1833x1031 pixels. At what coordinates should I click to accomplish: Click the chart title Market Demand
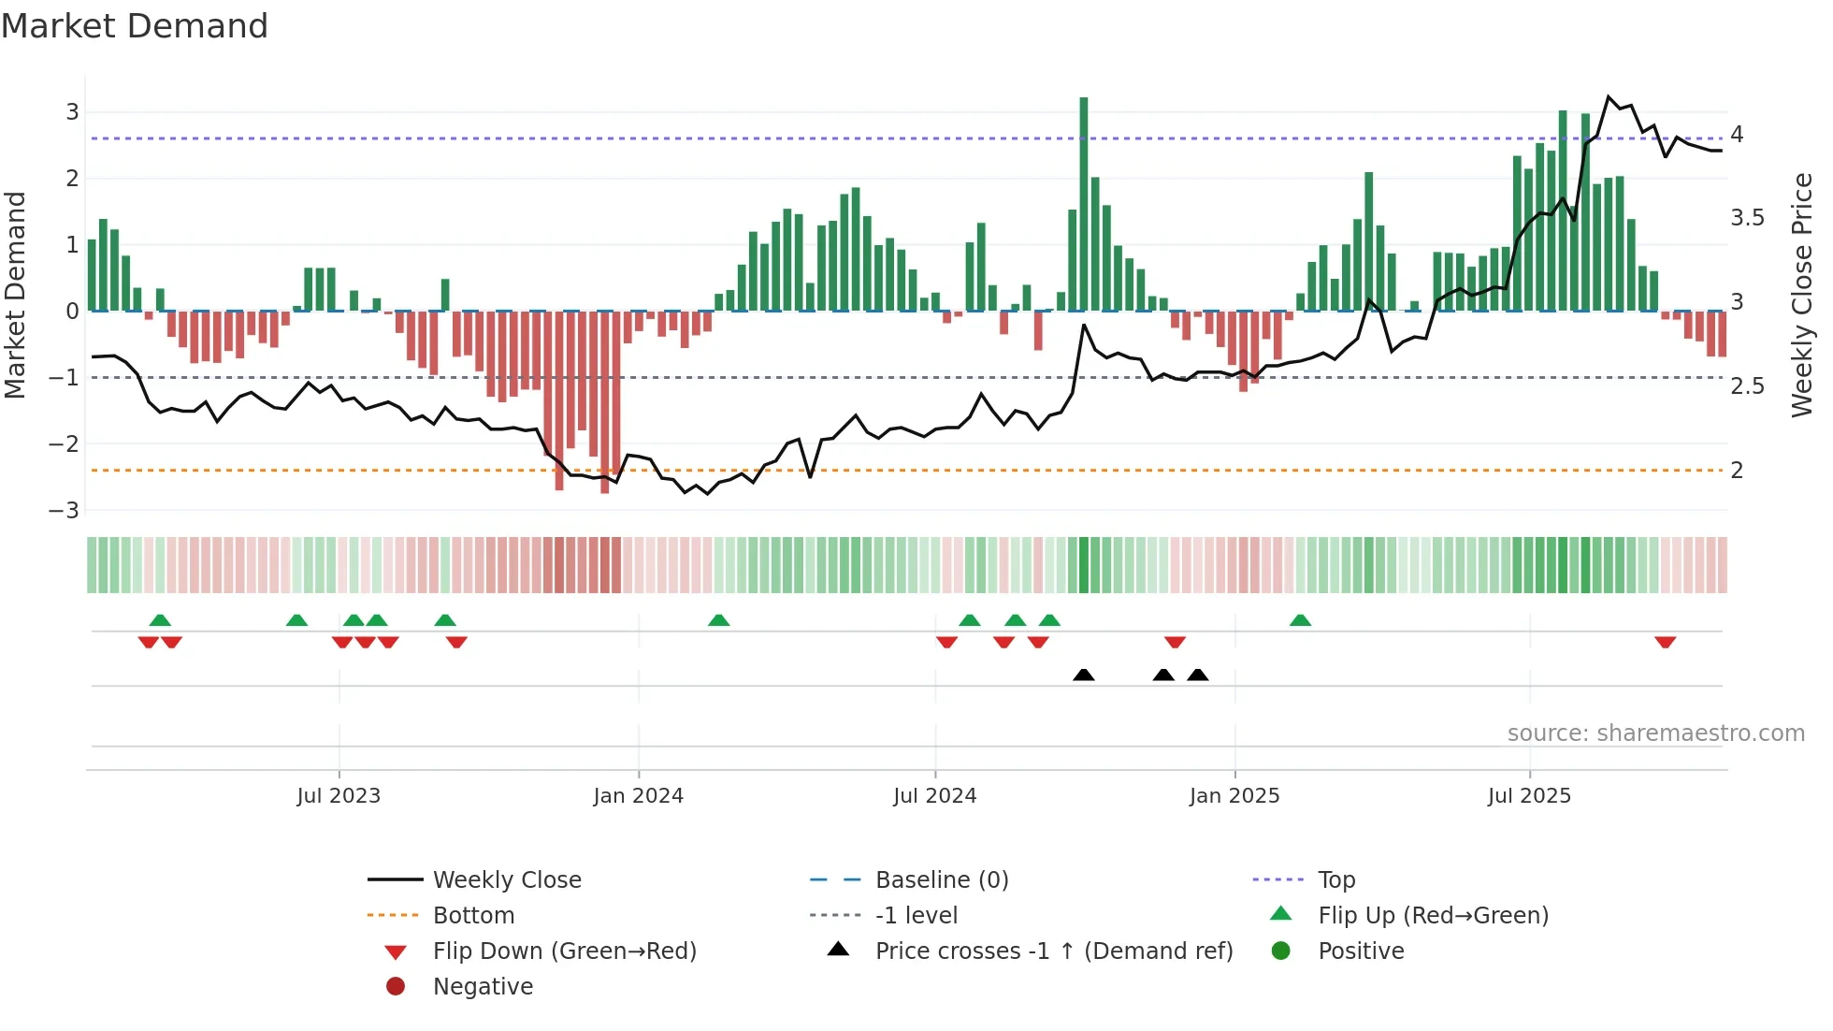[x=135, y=26]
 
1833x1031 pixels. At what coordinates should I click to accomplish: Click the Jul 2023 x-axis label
[x=339, y=796]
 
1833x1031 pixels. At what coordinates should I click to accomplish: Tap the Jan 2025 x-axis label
[x=1234, y=796]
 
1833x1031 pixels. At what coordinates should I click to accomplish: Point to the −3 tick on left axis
[x=65, y=511]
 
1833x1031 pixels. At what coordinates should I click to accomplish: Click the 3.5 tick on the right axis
[x=1747, y=218]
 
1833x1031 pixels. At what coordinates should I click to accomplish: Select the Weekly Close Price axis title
[x=1802, y=295]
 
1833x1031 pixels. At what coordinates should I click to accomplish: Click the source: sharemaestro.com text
[x=1655, y=733]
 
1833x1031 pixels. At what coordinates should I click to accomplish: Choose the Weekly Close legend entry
[x=506, y=880]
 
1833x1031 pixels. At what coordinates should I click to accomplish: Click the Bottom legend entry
[x=473, y=916]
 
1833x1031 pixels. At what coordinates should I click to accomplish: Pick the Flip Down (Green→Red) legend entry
[x=564, y=951]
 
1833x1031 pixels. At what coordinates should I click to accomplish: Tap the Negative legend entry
[x=483, y=987]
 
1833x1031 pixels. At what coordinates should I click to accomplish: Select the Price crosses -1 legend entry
[x=1053, y=951]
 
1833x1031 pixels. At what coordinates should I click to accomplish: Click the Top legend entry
[x=1336, y=880]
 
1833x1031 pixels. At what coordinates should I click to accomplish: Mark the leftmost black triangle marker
[x=1084, y=675]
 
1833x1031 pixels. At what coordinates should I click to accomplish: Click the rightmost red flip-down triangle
[x=1665, y=643]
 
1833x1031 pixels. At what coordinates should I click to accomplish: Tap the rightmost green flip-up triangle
[x=1300, y=620]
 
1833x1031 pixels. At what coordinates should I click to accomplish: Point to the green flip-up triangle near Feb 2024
[x=718, y=620]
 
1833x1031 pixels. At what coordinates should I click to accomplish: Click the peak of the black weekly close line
[x=1609, y=96]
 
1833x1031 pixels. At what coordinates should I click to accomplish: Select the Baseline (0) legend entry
[x=941, y=880]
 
